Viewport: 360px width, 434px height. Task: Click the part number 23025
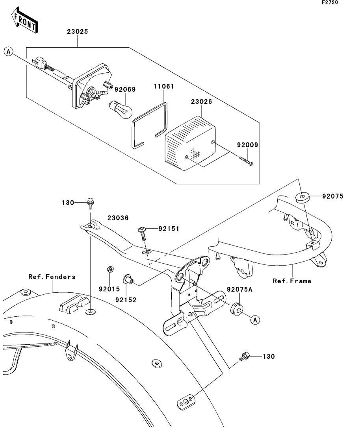[x=77, y=31]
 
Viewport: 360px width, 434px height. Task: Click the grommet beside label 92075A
[x=236, y=309]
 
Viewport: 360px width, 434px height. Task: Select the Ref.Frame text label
[x=292, y=281]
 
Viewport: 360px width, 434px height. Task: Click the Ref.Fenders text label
[x=52, y=277]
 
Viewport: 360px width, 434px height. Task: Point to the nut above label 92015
[x=110, y=270]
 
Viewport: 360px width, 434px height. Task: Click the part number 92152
[x=126, y=299]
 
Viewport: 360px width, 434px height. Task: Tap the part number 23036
[x=118, y=218]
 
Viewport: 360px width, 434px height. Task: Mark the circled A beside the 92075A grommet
[x=255, y=320]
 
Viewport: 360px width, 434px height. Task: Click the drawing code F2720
[x=330, y=2]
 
